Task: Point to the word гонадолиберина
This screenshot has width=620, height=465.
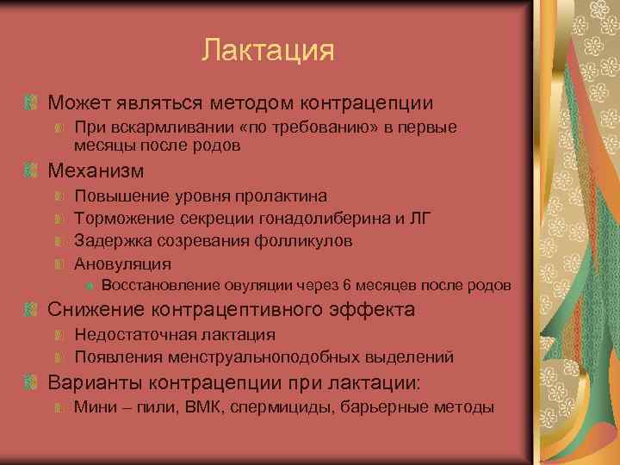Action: pyautogui.click(x=332, y=220)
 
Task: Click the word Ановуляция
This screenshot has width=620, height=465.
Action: pyautogui.click(x=122, y=264)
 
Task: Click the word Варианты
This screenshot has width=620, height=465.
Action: pyautogui.click(x=95, y=381)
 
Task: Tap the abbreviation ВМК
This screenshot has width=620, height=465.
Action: pyautogui.click(x=203, y=407)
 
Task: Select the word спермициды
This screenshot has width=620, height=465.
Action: pyautogui.click(x=276, y=407)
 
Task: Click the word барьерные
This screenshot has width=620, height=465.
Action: pyautogui.click(x=371, y=407)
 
